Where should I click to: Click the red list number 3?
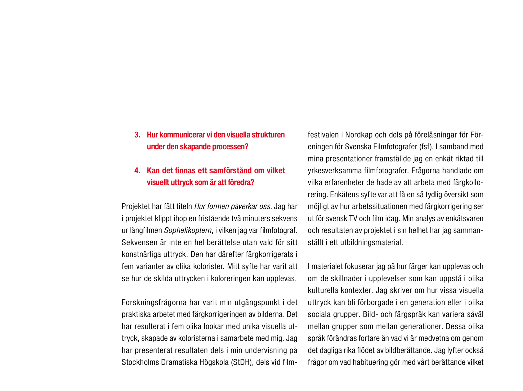point(137,135)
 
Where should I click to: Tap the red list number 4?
point(137,171)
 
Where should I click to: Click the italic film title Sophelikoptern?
point(188,230)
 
